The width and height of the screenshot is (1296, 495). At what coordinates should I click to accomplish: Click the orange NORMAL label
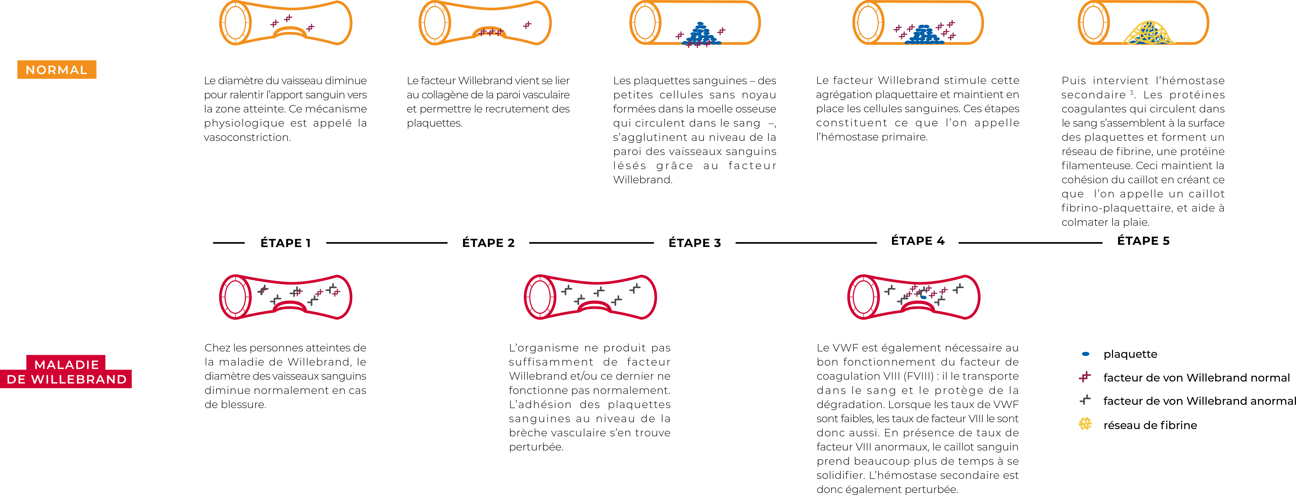coord(56,70)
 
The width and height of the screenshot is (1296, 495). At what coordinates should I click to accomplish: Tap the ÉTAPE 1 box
coord(285,243)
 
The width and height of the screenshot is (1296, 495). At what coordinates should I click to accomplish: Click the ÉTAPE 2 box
coord(488,243)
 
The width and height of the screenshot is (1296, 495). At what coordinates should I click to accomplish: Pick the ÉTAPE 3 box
coord(694,243)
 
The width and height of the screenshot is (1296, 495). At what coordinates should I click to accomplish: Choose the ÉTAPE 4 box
coord(917,242)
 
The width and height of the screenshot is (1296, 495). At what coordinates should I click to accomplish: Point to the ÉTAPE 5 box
coord(1143,242)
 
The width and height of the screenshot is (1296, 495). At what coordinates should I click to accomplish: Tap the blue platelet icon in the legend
coord(1086,354)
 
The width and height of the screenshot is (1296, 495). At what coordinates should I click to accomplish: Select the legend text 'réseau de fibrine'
coord(1150,425)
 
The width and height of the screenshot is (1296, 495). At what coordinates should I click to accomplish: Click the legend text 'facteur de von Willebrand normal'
coord(1196,378)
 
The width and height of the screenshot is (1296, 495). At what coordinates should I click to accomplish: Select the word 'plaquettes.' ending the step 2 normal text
coord(434,123)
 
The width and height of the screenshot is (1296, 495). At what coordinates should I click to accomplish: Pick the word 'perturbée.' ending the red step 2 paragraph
coord(536,447)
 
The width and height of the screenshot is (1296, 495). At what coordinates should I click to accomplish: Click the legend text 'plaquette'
coord(1130,354)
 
